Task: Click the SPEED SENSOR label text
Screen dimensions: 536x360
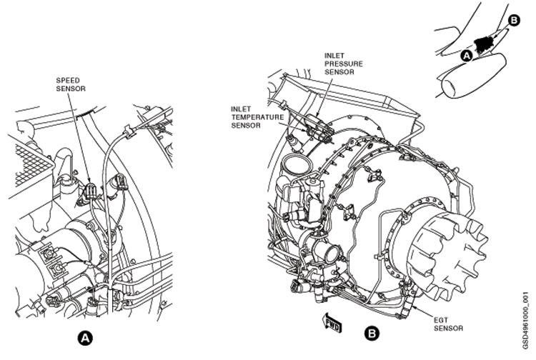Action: pos(71,85)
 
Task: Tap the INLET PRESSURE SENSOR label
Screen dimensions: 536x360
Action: pos(344,64)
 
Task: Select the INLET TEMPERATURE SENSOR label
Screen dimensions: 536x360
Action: pos(257,117)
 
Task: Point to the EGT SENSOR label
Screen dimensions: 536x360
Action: pos(448,324)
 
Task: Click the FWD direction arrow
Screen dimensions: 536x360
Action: pos(332,323)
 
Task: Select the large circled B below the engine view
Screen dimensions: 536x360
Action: pos(372,333)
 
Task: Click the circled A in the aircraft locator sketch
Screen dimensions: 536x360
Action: pos(467,56)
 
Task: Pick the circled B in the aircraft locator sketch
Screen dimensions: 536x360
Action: pos(513,21)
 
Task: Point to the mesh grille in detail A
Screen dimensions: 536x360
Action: pos(32,164)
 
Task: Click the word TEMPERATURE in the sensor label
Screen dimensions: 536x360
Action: pos(257,117)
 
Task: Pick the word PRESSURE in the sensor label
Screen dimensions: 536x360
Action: pos(344,64)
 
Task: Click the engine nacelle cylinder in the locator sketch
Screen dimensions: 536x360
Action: pos(471,76)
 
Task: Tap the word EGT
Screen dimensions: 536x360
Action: pos(440,321)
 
